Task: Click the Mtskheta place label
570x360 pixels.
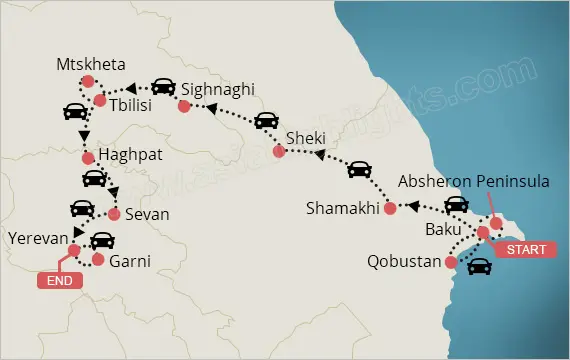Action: [x=92, y=65]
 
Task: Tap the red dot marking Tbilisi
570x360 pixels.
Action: [x=100, y=100]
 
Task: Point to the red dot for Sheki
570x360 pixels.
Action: [x=280, y=152]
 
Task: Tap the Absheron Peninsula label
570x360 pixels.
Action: [x=473, y=183]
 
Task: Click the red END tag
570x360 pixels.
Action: [x=58, y=280]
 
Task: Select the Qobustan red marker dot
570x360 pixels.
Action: [x=450, y=263]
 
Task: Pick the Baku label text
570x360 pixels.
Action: [x=444, y=230]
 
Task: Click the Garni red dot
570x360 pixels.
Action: [x=97, y=259]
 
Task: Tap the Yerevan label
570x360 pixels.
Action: [x=37, y=238]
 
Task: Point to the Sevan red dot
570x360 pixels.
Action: [x=114, y=215]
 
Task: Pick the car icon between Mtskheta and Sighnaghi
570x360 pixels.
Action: [x=162, y=87]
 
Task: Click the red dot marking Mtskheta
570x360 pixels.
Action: [x=88, y=81]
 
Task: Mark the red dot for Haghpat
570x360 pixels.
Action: [x=87, y=157]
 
